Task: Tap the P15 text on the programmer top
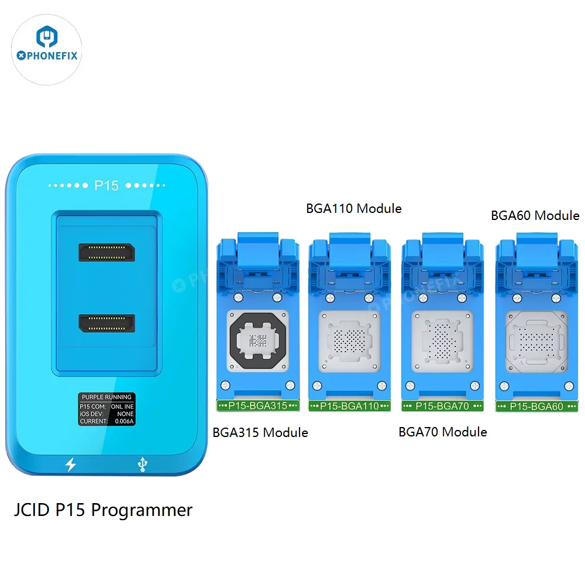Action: click(x=106, y=185)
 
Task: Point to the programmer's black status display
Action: click(x=106, y=409)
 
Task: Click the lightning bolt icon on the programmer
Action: click(x=71, y=464)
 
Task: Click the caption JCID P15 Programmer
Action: click(x=103, y=510)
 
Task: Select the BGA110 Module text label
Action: click(x=353, y=208)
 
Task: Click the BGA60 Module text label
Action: click(x=535, y=215)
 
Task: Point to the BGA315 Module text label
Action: click(x=260, y=432)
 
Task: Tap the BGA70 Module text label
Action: click(x=442, y=432)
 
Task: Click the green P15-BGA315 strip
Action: click(x=258, y=406)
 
